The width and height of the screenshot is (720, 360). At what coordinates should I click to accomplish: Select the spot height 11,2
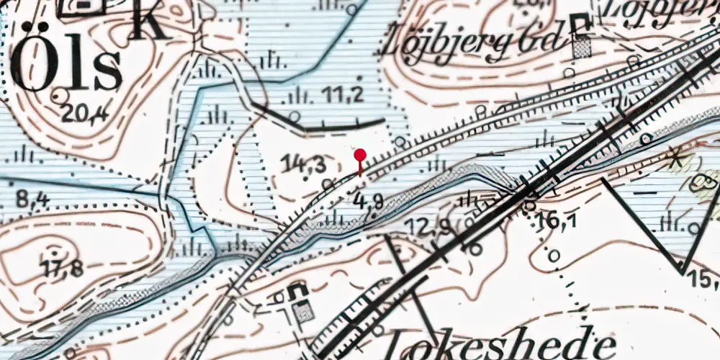click(343, 94)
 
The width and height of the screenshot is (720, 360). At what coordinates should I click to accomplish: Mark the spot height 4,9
click(367, 202)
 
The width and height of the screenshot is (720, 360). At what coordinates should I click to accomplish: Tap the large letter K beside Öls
click(150, 20)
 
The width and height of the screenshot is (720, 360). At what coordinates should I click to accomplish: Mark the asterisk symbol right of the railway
click(675, 159)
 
